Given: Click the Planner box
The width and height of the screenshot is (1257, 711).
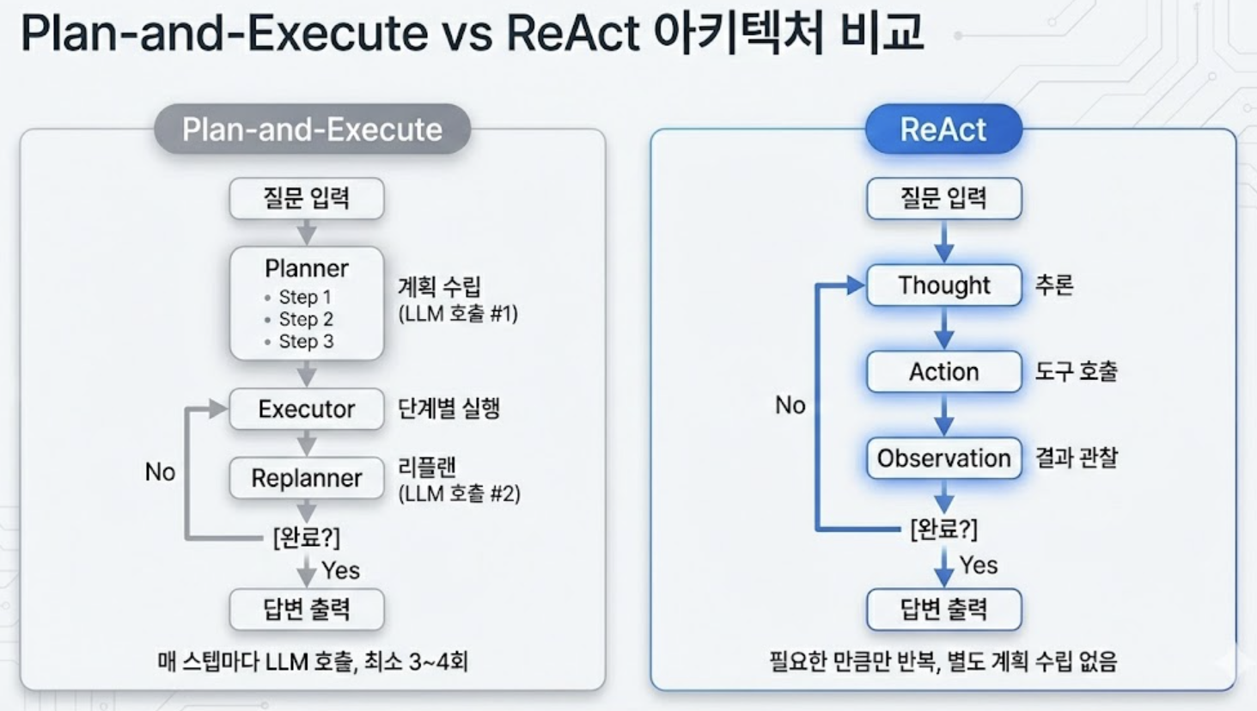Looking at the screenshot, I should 307,303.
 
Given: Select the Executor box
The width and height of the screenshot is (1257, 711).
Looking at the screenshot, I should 307,409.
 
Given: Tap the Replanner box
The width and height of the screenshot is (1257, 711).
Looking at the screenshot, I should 307,478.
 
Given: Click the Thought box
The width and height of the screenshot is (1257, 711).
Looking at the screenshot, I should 943,285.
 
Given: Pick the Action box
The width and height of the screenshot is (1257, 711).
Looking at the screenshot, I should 943,371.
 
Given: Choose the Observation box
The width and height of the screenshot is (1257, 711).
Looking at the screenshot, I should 943,458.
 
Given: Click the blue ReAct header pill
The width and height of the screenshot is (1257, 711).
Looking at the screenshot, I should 943,130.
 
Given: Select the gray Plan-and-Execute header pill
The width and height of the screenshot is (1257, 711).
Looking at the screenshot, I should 312,130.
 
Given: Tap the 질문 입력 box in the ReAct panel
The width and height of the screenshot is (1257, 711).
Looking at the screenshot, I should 943,199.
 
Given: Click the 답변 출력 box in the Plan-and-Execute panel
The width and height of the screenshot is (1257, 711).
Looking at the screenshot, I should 307,610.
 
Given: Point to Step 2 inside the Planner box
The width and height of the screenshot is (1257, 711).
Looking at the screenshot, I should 305,319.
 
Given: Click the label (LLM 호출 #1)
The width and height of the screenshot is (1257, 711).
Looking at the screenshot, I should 458,314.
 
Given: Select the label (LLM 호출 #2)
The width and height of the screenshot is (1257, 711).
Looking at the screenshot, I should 459,493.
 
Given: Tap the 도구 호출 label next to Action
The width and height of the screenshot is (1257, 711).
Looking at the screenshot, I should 1076,371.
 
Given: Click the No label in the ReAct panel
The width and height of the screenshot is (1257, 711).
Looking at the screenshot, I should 790,405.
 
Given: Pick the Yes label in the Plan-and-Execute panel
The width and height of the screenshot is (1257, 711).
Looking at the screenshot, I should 340,570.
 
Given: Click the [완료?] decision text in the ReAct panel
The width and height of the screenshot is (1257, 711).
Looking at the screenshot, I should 943,529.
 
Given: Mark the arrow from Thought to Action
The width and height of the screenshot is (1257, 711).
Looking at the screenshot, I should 943,328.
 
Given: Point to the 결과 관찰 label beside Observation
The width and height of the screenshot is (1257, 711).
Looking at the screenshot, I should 1076,457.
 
